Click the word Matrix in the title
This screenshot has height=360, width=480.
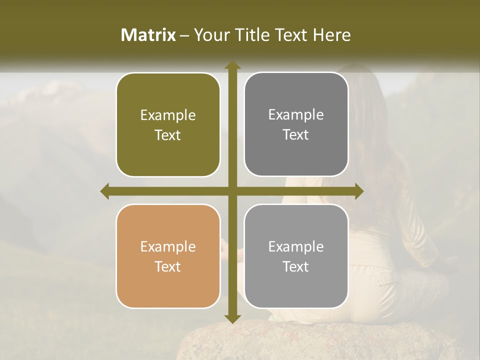[148, 35]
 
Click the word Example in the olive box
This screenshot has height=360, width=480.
[168, 115]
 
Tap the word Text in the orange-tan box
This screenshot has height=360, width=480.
[168, 266]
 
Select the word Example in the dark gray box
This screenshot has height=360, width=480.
[296, 115]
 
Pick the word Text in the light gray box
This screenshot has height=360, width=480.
[296, 266]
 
